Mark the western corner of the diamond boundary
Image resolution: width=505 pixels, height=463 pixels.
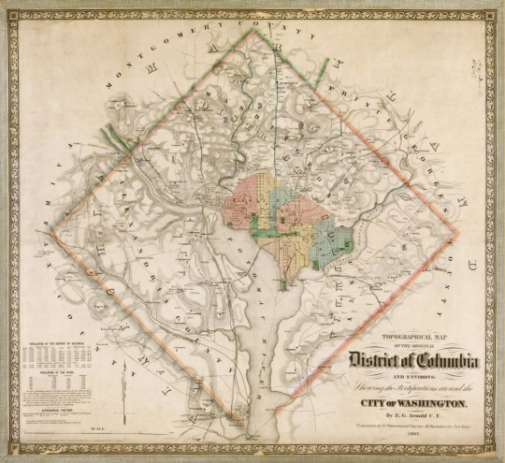point(54,228)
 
